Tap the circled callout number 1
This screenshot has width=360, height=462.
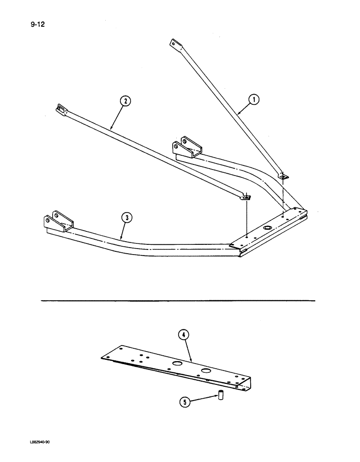point(253,98)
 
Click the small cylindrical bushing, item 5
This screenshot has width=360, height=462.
point(221,395)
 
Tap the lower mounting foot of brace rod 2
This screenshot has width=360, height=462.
point(246,197)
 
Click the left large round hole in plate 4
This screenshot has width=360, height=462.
point(176,364)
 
